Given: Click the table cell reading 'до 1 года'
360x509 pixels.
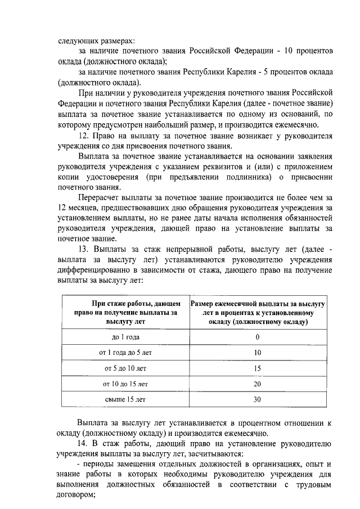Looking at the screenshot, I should [x=125, y=337].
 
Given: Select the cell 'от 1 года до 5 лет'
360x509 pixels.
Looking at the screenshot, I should [x=125, y=353].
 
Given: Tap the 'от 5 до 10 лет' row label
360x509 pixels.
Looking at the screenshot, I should [x=125, y=368].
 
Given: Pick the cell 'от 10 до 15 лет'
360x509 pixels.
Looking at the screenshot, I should [x=125, y=384].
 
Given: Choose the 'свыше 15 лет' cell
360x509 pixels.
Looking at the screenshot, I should [x=125, y=400].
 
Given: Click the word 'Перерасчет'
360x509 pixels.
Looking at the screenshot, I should [x=98, y=197].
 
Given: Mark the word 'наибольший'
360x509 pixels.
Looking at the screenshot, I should [x=179, y=124].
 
